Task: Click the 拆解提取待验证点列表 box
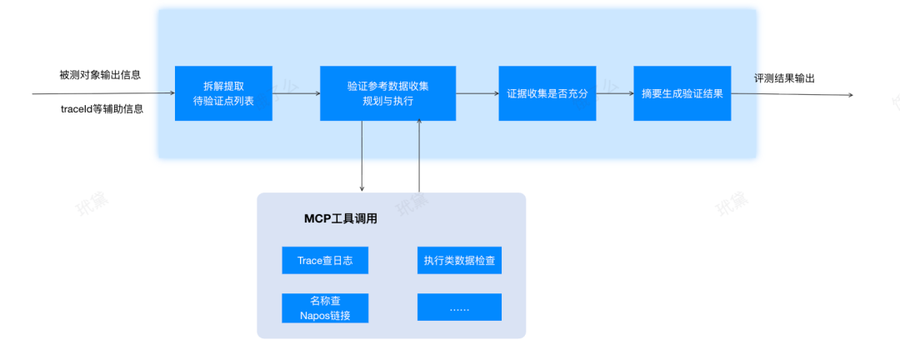pyautogui.click(x=223, y=93)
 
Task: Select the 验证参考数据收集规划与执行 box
pyautogui.click(x=387, y=93)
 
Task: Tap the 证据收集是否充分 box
pyautogui.click(x=547, y=93)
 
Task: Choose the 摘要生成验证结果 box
pyautogui.click(x=682, y=93)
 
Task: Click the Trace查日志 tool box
pyautogui.click(x=325, y=261)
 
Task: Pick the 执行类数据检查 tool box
pyautogui.click(x=459, y=261)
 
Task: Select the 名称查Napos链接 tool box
pyautogui.click(x=325, y=307)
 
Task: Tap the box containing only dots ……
pyautogui.click(x=459, y=307)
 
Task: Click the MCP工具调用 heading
pyautogui.click(x=341, y=219)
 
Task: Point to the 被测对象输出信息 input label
pyautogui.click(x=100, y=75)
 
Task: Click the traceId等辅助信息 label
pyautogui.click(x=102, y=109)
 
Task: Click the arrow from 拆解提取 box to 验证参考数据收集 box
pyautogui.click(x=296, y=93)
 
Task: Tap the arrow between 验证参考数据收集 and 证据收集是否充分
pyautogui.click(x=477, y=93)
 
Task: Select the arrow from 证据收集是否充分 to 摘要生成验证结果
pyautogui.click(x=615, y=93)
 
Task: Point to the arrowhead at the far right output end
pyautogui.click(x=850, y=95)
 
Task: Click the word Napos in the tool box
pyautogui.click(x=314, y=315)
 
